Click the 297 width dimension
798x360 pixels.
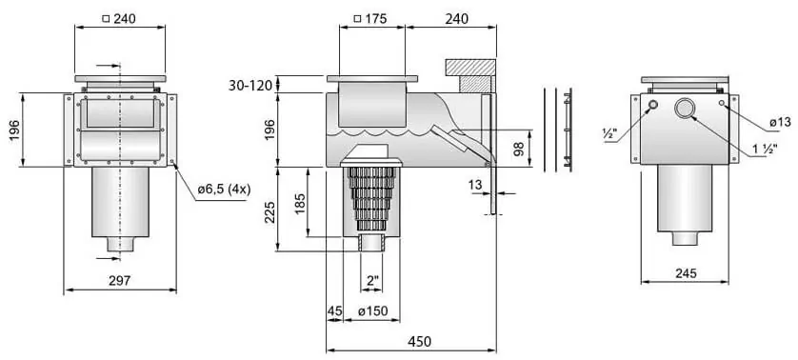(120, 281)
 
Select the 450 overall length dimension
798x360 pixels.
(420, 341)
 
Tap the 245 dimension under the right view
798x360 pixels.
(686, 273)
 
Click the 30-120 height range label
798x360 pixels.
(249, 85)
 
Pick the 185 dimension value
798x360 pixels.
(299, 204)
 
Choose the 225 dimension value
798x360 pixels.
(269, 212)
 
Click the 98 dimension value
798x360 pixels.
(519, 150)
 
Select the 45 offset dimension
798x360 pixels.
(334, 310)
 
